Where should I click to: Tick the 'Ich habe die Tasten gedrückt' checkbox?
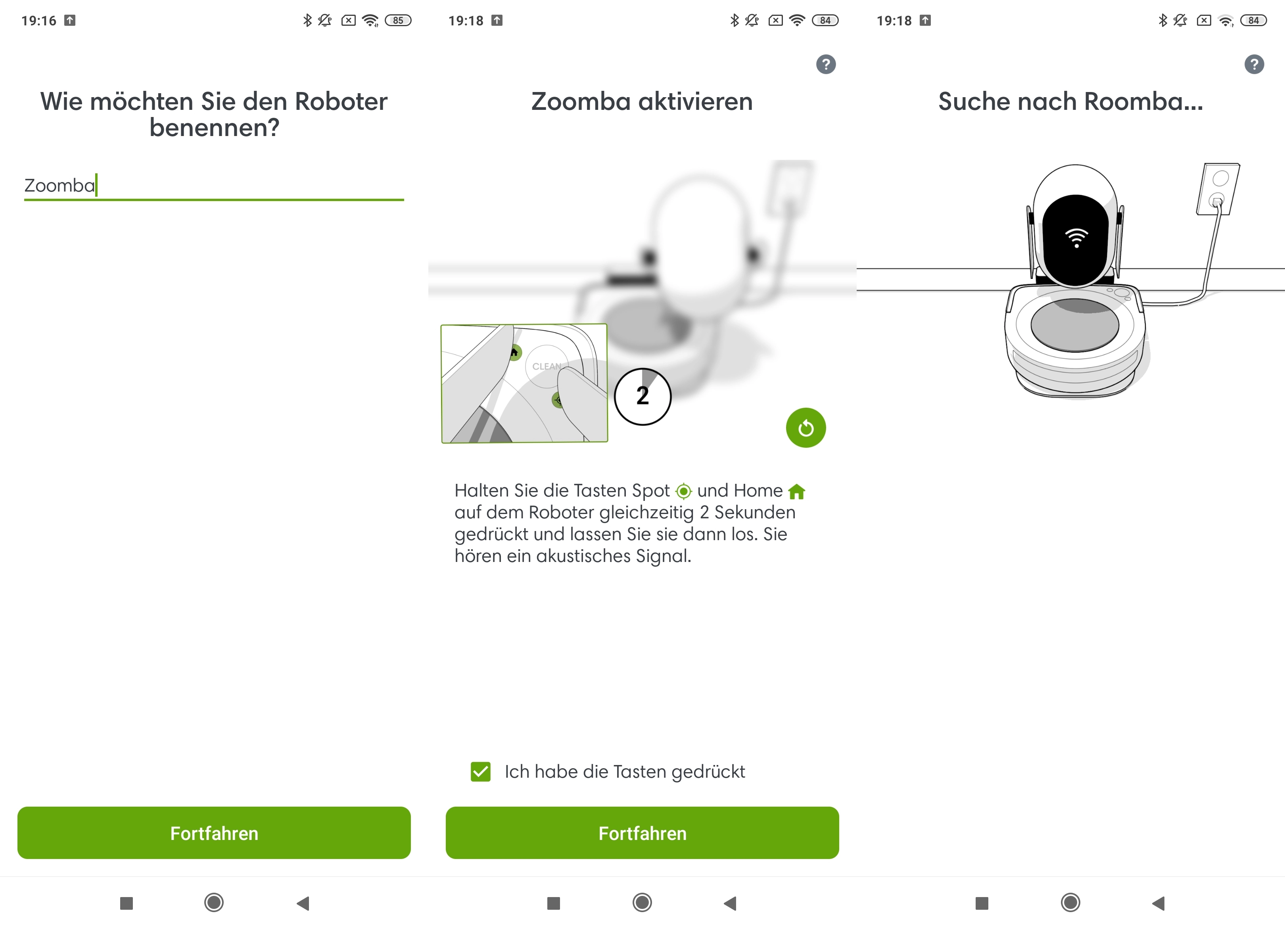(480, 772)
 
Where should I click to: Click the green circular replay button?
(806, 428)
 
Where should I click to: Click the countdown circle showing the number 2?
(642, 396)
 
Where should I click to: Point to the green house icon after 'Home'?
(797, 491)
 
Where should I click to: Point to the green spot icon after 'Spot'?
(684, 491)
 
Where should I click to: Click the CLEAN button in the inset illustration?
(546, 366)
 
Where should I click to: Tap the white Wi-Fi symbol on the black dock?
(1076, 238)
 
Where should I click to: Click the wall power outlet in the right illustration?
(1218, 189)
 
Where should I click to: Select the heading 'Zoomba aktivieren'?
(642, 102)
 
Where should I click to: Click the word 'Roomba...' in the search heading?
(1143, 102)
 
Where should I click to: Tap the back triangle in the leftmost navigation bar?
(303, 903)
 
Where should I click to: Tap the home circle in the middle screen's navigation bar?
(642, 903)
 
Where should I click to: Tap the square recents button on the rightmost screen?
(982, 903)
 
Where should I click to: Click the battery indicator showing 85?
(398, 20)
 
